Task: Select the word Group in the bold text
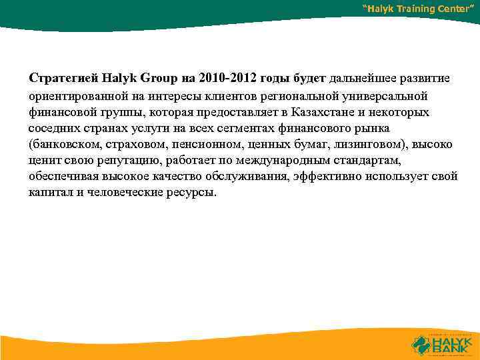[150, 78]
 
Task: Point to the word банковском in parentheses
[65, 143]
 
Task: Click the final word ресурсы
[193, 193]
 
